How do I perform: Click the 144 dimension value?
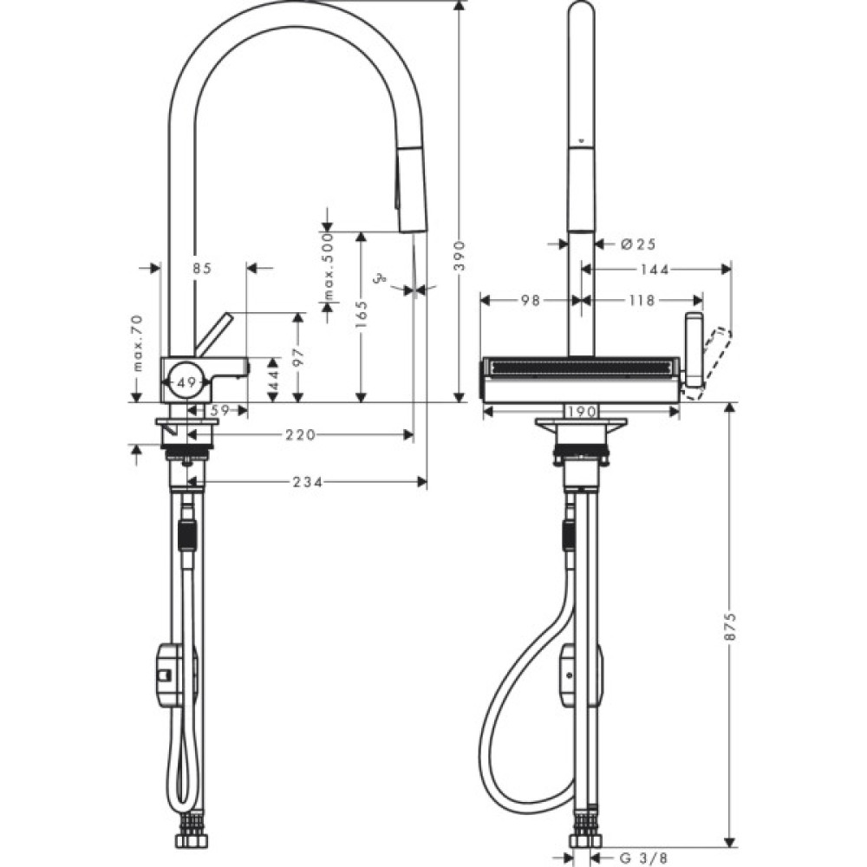click(655, 270)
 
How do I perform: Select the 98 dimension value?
click(531, 300)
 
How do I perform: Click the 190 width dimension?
click(582, 412)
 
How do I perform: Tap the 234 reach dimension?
click(307, 482)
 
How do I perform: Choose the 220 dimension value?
click(300, 435)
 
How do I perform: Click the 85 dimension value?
click(202, 269)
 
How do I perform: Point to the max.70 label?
click(136, 343)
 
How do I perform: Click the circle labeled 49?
click(185, 381)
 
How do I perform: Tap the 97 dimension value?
click(297, 357)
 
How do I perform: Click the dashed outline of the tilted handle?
click(708, 363)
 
